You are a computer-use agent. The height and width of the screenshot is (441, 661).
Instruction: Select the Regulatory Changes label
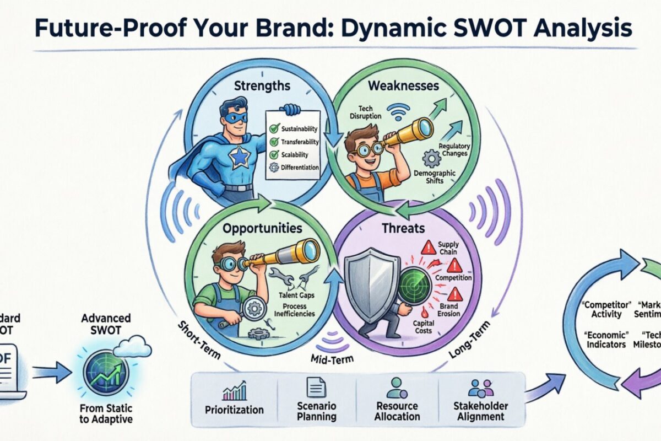tap(453, 149)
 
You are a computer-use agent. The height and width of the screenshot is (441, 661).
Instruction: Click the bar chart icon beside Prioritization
tap(234, 392)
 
